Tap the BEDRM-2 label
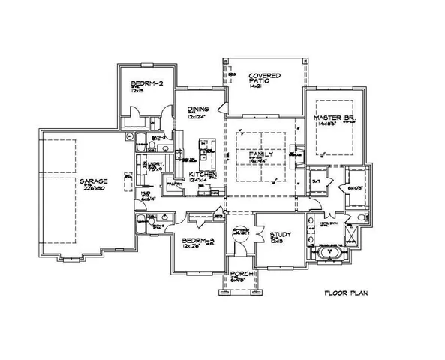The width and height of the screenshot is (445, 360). tap(143, 83)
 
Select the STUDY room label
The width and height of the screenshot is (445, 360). tap(279, 235)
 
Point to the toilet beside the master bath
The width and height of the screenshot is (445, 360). tap(359, 217)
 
